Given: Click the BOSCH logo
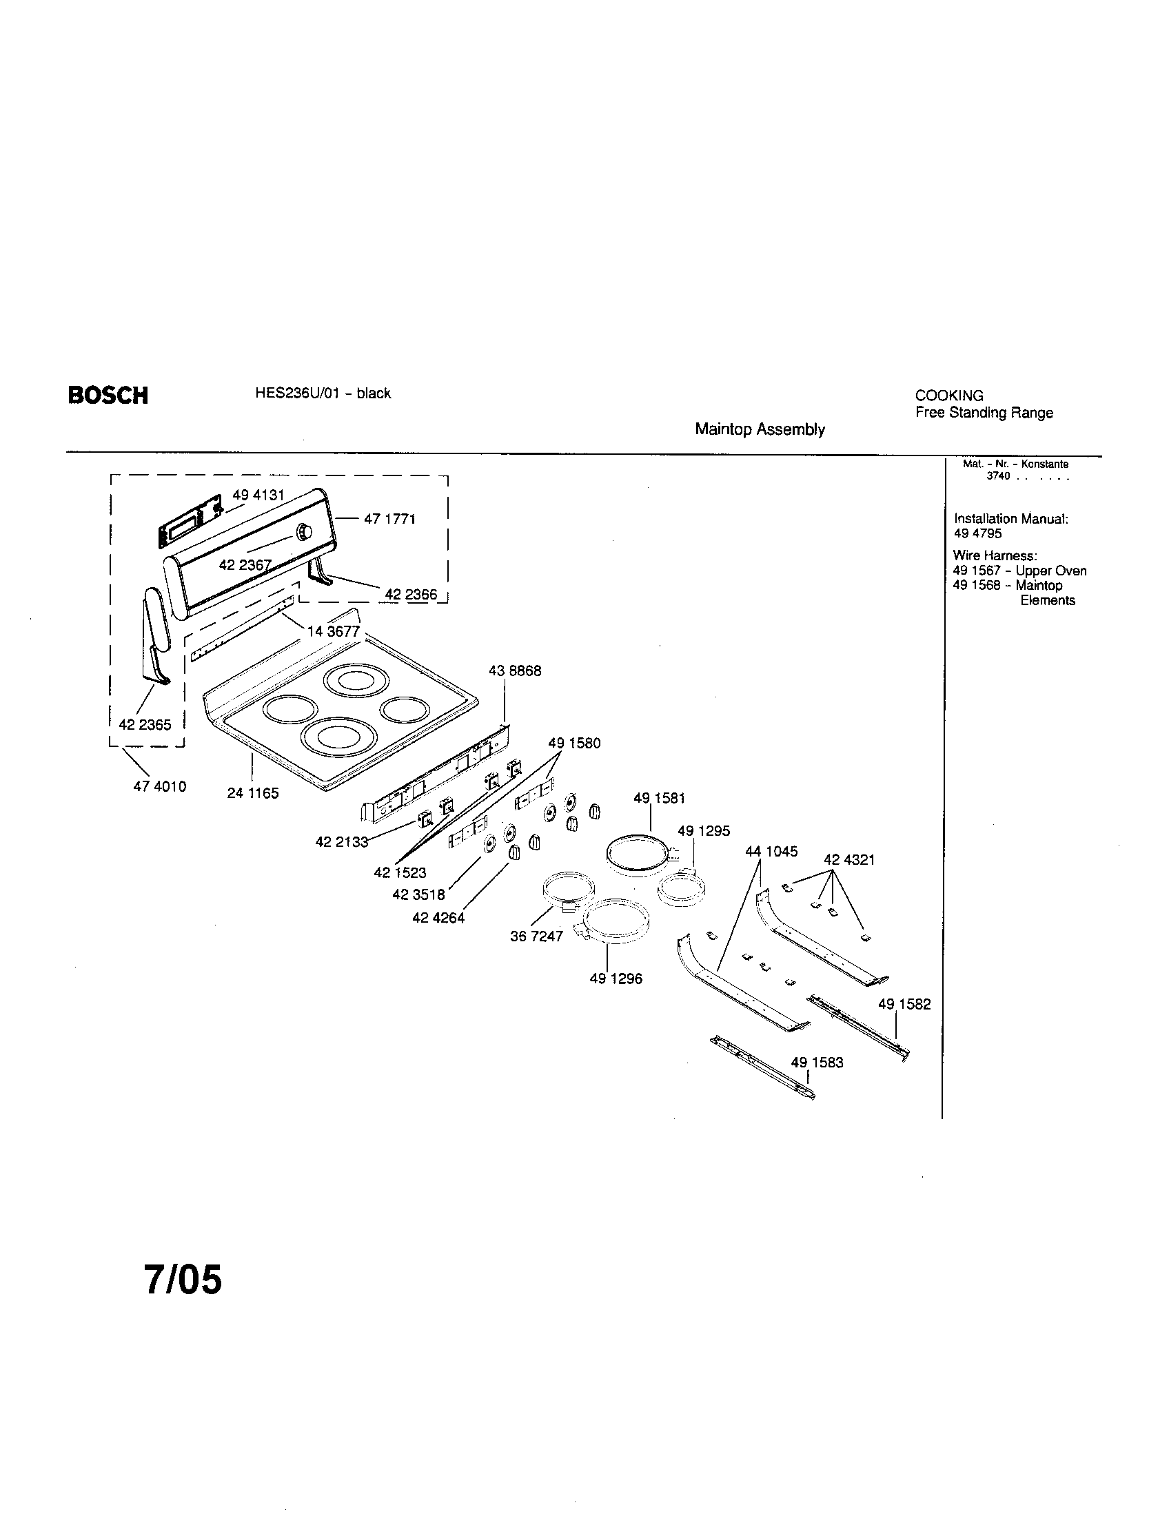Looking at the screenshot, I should click(x=108, y=395).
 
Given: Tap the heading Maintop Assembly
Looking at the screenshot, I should click(x=760, y=430).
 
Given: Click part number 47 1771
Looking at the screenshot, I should click(x=389, y=518).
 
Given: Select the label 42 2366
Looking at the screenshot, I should click(x=411, y=594).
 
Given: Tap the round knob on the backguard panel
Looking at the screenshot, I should click(x=304, y=533).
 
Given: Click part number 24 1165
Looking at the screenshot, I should click(x=253, y=792).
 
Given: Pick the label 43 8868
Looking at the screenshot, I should click(x=514, y=670).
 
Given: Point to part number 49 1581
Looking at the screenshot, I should click(x=659, y=798).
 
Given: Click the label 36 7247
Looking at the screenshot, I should click(x=536, y=936).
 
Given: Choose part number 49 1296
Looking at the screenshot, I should click(x=616, y=979).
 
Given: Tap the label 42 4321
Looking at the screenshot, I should click(x=849, y=859).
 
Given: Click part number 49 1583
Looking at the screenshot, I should click(x=817, y=1063).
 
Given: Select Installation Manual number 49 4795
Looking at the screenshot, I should click(x=977, y=533).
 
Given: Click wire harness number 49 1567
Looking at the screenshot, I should click(x=977, y=571).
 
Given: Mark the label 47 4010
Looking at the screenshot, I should click(x=160, y=786).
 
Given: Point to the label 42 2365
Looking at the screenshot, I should click(x=144, y=724).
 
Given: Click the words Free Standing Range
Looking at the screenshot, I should click(x=984, y=413).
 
